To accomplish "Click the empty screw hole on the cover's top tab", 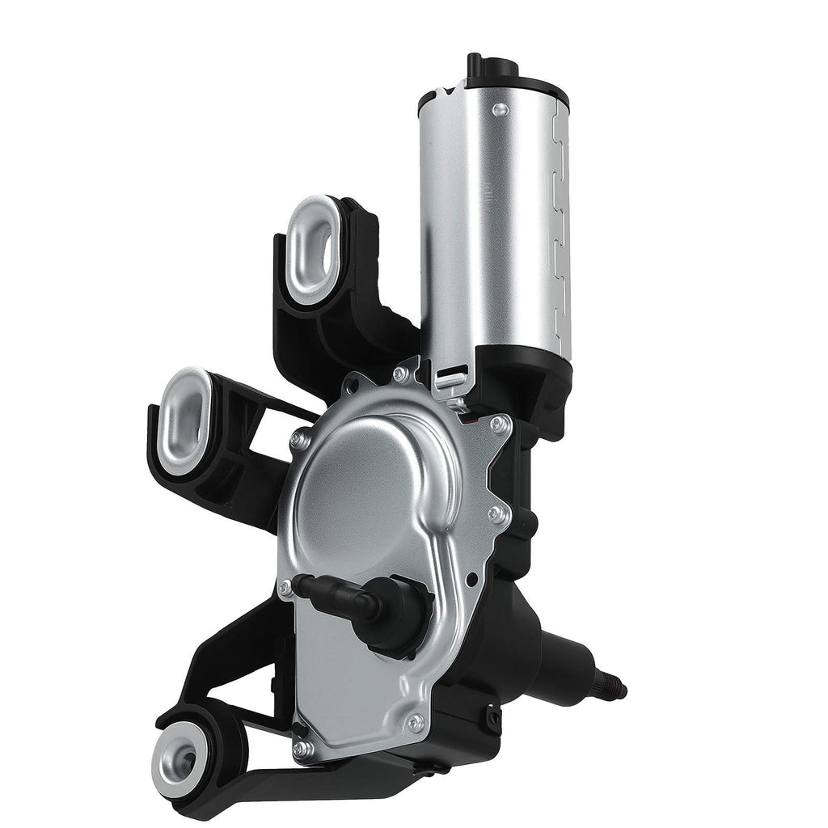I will pyautogui.click(x=399, y=374).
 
